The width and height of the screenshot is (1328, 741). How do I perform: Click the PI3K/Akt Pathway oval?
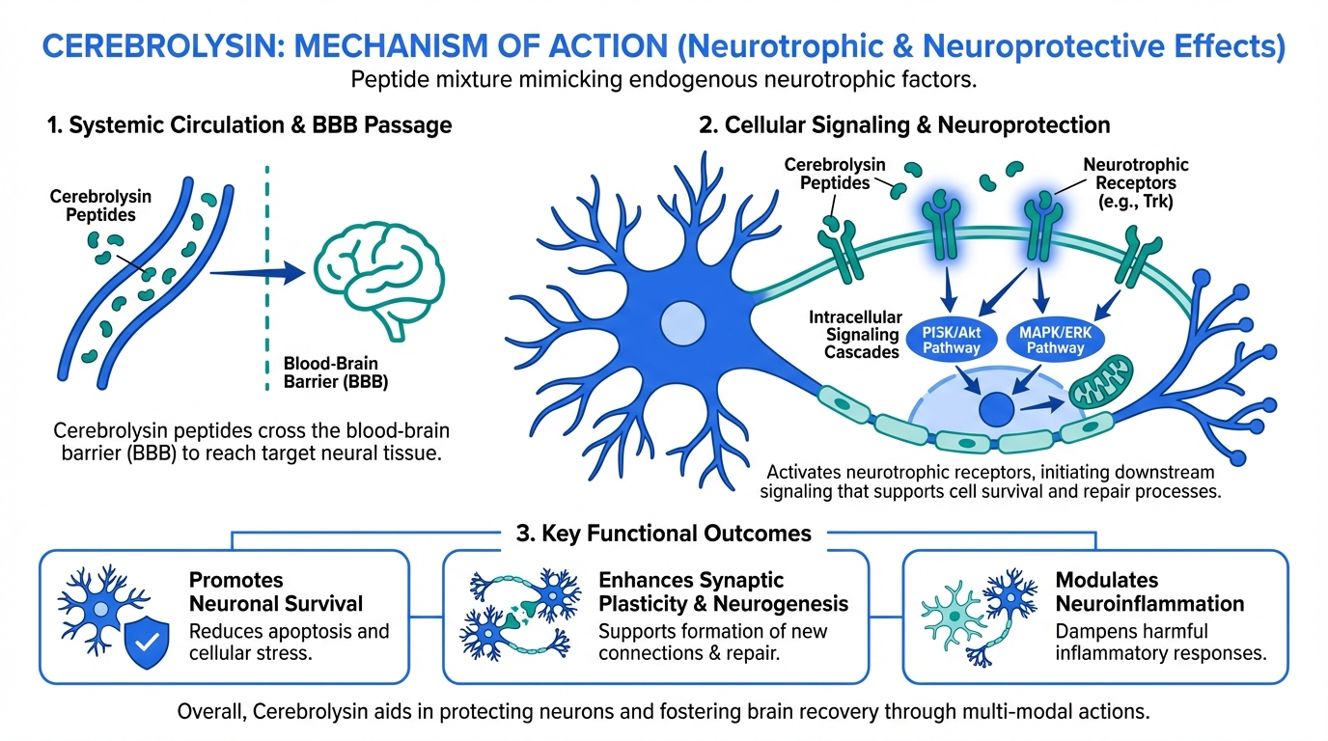(x=952, y=339)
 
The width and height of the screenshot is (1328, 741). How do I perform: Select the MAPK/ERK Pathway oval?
(x=1055, y=339)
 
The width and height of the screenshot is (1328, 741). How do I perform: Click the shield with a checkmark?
(x=147, y=645)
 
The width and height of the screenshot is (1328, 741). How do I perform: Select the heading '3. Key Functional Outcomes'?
(x=663, y=534)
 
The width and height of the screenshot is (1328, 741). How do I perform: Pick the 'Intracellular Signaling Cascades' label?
(x=855, y=335)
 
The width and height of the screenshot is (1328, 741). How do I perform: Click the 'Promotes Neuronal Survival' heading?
(x=276, y=592)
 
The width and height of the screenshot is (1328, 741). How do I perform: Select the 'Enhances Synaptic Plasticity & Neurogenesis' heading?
(x=723, y=592)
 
